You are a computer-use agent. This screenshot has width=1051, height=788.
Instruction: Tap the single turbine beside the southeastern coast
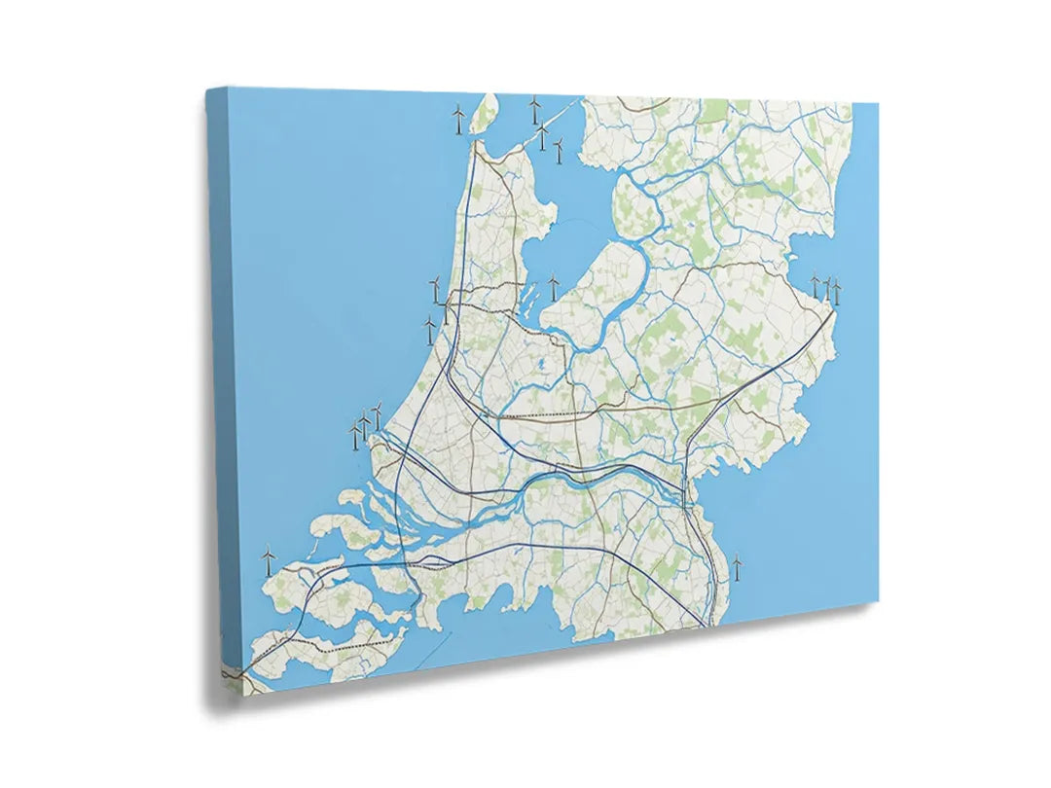tap(737, 566)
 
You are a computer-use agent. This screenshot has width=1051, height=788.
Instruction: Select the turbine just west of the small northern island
tap(458, 119)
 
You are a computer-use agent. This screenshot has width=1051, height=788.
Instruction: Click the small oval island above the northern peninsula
tap(484, 114)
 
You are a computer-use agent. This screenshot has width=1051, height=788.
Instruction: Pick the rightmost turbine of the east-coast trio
tap(836, 291)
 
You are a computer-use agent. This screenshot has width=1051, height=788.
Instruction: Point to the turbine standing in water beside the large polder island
tap(554, 285)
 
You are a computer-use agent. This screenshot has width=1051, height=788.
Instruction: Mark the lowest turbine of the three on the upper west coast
tap(429, 330)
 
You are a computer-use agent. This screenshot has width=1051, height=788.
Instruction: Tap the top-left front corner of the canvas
tap(230, 89)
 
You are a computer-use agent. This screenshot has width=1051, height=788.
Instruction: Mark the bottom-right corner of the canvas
tap(878, 600)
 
